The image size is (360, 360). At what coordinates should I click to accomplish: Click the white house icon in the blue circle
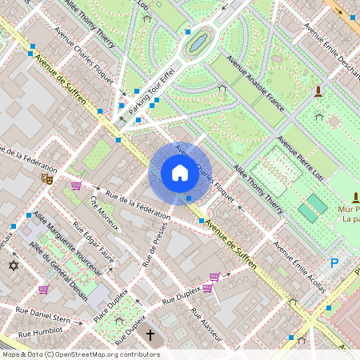[x=180, y=173]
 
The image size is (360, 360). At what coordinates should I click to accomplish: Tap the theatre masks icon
[x=47, y=180]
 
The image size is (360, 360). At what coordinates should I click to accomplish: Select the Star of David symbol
[x=12, y=265]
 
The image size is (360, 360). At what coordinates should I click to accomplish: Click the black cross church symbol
[x=150, y=336]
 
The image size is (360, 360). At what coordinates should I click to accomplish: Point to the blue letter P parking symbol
[x=334, y=262]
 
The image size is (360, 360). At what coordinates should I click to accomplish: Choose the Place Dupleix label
[x=114, y=302]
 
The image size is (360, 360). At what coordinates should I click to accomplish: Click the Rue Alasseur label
[x=211, y=324]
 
